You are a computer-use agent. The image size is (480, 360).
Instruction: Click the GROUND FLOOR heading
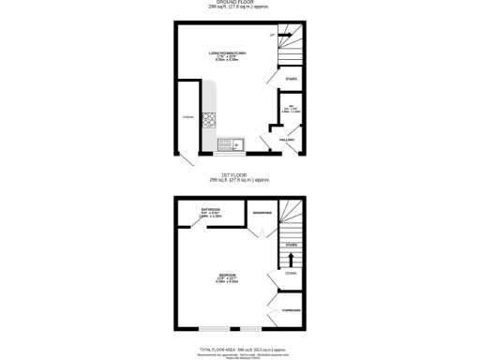(x=240, y=3)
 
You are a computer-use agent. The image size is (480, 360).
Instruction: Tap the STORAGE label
(x=188, y=117)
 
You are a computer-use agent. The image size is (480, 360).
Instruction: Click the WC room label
(x=292, y=106)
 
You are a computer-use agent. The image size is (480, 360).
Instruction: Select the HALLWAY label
(x=287, y=140)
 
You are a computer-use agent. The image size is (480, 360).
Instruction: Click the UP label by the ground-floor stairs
(x=273, y=36)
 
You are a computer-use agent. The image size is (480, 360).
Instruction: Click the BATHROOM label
(x=211, y=209)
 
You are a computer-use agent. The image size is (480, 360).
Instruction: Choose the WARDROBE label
(x=262, y=215)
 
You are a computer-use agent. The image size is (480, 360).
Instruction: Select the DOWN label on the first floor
(x=291, y=274)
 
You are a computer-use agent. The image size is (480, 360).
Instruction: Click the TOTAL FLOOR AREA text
(x=240, y=346)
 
